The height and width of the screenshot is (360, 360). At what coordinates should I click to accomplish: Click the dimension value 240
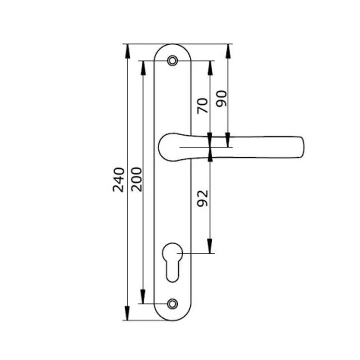click(x=118, y=180)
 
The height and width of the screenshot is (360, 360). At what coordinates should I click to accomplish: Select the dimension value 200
click(x=136, y=179)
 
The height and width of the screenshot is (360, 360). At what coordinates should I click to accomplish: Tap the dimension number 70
click(x=203, y=105)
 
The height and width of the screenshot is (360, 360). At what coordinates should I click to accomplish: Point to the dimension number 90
click(x=222, y=98)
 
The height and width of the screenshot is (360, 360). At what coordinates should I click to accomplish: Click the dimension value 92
click(x=203, y=199)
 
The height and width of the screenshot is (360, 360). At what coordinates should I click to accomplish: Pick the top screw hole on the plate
click(x=172, y=61)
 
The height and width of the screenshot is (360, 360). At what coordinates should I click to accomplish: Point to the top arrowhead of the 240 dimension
click(x=127, y=51)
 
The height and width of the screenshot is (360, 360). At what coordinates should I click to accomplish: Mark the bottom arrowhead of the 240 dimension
click(x=127, y=313)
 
